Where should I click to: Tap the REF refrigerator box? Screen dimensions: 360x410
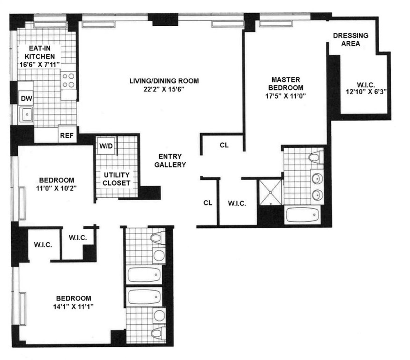(x=67, y=135)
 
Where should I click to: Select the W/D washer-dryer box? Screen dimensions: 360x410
(x=106, y=146)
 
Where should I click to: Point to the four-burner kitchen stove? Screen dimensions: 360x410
(x=69, y=81)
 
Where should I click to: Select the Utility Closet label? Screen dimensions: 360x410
(x=117, y=179)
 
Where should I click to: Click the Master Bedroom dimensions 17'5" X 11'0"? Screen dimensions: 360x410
(x=284, y=96)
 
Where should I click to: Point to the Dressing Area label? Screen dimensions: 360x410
(x=351, y=39)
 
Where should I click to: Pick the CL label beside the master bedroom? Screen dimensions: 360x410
(x=224, y=145)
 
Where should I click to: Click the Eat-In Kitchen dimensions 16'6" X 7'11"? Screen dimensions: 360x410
(x=40, y=64)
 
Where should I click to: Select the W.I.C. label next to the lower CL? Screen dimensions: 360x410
(x=237, y=203)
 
